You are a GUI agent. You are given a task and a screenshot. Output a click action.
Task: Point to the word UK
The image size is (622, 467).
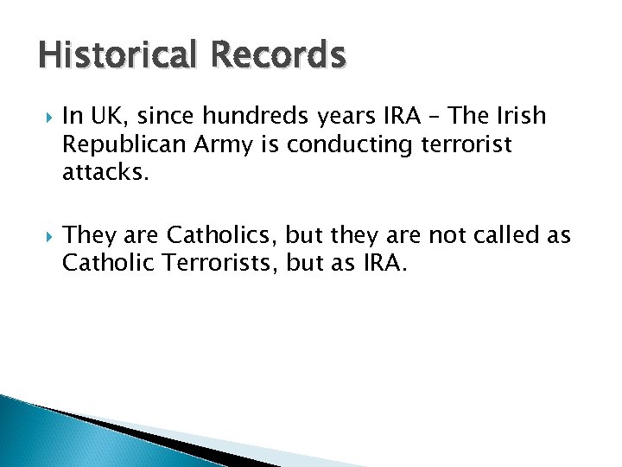pos(118,116)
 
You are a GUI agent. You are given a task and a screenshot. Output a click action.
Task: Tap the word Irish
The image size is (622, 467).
pos(520,116)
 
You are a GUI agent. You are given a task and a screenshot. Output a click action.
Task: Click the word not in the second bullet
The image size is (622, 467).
pos(449,235)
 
